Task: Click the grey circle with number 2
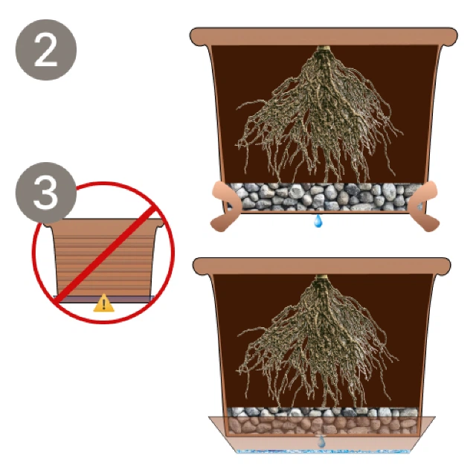pyautogui.click(x=46, y=50)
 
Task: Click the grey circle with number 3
pyautogui.click(x=45, y=193)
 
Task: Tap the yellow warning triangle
pyautogui.click(x=104, y=303)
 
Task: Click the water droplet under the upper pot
pyautogui.click(x=318, y=221)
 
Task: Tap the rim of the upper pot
pyautogui.click(x=324, y=36)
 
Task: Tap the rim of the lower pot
pyautogui.click(x=322, y=266)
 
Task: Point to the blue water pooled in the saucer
pyautogui.click(x=322, y=451)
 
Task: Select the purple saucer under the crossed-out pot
pyautogui.click(x=104, y=299)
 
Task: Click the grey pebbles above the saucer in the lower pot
pyautogui.click(x=322, y=412)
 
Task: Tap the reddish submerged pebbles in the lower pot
pyautogui.click(x=322, y=425)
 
